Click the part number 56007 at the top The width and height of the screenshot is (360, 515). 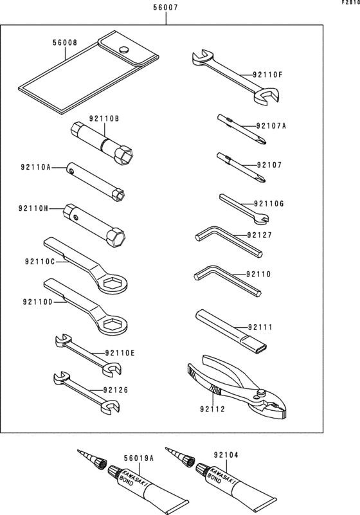click(x=166, y=9)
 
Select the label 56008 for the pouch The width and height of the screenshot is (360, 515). click(x=64, y=43)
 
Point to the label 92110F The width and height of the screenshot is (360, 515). click(x=267, y=75)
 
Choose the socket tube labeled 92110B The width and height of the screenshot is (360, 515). click(x=101, y=143)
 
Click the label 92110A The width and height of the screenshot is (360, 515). click(x=35, y=167)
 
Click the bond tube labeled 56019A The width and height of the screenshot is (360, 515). click(x=148, y=488)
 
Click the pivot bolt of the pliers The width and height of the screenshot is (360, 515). click(x=260, y=392)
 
